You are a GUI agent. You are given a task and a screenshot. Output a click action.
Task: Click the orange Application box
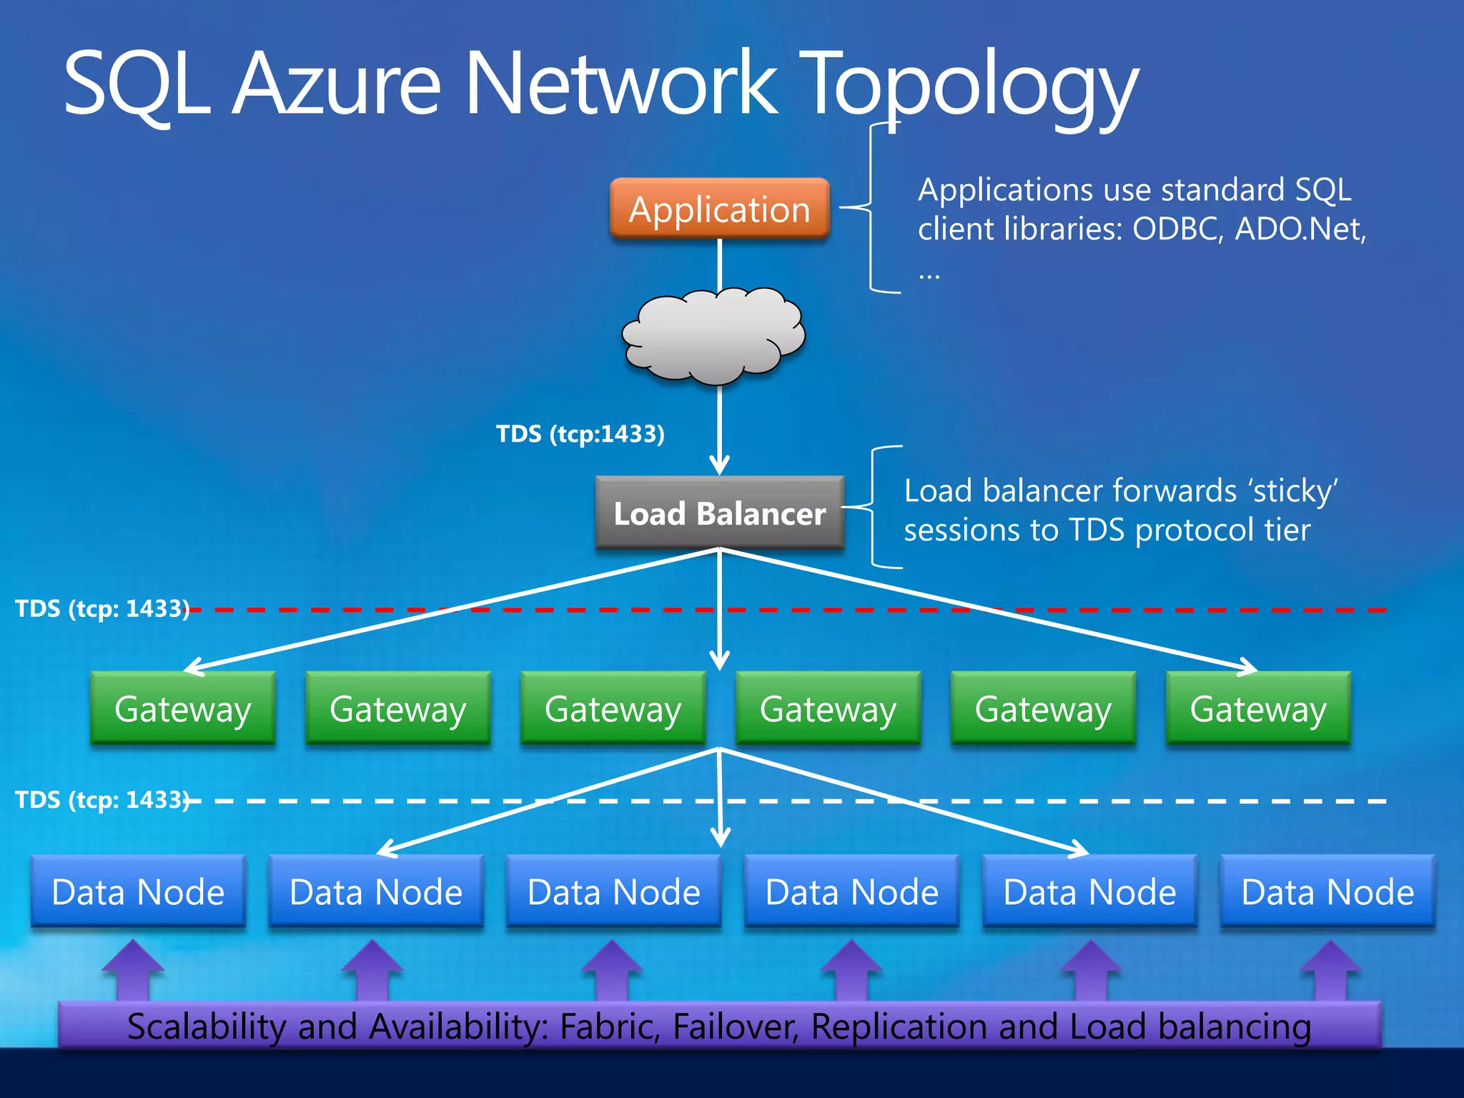pos(719,209)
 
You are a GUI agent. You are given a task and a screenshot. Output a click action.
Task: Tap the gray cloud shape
pos(713,335)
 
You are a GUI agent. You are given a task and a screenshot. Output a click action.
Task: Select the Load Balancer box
pos(719,513)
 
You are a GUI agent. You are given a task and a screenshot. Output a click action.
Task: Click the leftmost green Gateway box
pos(183,708)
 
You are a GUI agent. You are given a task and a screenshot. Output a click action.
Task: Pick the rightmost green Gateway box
pos(1258,708)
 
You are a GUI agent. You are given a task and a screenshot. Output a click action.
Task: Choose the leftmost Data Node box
pos(138,891)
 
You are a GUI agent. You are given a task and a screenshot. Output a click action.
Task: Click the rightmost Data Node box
pos(1327,891)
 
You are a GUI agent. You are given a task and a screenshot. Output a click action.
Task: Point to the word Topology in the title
pos(969,84)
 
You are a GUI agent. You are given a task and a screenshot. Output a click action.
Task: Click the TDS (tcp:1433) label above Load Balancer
pos(580,434)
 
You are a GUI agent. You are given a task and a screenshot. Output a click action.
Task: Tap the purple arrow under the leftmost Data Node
pos(133,971)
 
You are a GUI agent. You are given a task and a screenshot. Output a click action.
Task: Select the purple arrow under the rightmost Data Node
pos(1330,971)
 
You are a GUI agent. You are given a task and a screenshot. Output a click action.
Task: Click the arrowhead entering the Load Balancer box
pos(719,465)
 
